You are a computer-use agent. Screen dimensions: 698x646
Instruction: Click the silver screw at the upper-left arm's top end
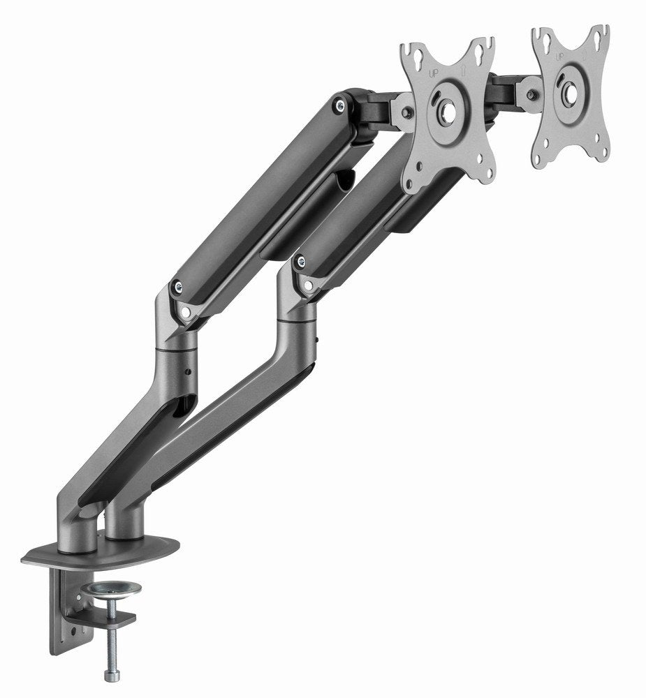(340, 105)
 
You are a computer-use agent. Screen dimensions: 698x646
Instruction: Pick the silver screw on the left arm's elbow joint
(177, 286)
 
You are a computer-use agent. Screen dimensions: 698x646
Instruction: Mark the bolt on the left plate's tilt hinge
(407, 112)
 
